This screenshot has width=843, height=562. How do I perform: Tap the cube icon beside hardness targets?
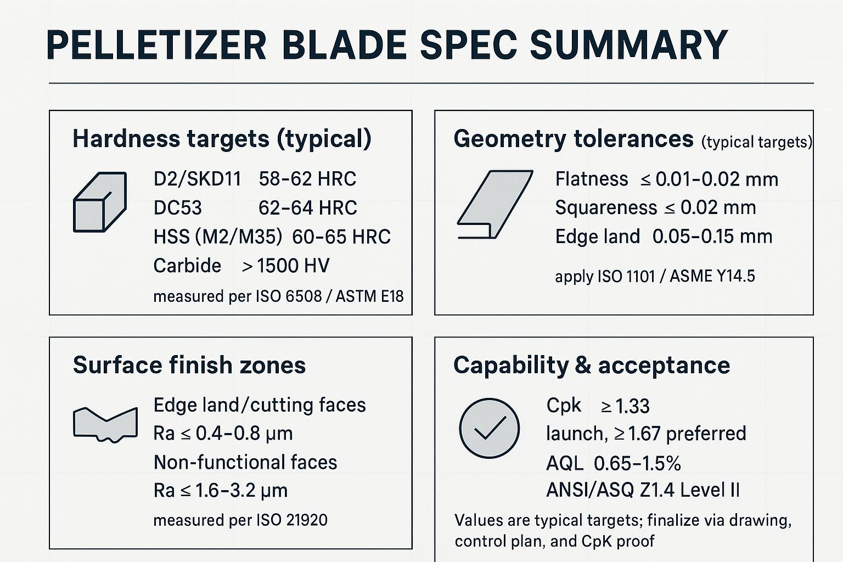[100, 202]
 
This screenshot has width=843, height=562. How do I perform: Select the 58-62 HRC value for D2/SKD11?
[307, 179]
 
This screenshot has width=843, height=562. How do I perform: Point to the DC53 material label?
[178, 208]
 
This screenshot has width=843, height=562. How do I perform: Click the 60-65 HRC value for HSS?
[341, 237]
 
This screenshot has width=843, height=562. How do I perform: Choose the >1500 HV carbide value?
[285, 266]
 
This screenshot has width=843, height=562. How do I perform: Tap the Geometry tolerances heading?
[573, 139]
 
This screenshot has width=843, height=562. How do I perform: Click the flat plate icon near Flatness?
[494, 204]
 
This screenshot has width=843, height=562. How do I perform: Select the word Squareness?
[606, 207]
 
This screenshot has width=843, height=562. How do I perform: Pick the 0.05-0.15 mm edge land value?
[712, 237]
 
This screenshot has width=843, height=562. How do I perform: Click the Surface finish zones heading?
[189, 365]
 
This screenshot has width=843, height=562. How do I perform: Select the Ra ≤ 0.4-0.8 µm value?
[223, 433]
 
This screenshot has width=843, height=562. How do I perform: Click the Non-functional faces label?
[245, 462]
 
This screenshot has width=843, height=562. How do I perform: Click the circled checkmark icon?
[489, 428]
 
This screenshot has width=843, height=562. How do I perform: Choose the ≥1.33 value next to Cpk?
[625, 406]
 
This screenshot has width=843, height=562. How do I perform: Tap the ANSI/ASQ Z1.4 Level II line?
[643, 490]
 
